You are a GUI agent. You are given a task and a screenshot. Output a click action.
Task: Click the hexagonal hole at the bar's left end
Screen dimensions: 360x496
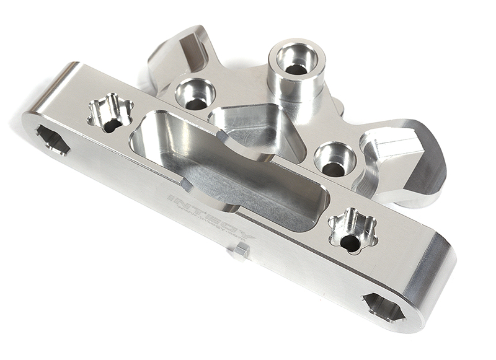click(53, 139)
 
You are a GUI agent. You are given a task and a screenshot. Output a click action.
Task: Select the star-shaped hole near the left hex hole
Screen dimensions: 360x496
click(111, 114)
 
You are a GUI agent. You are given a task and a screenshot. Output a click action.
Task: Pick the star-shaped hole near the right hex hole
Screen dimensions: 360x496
click(352, 230)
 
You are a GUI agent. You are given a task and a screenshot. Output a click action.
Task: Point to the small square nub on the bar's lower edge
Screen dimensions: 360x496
click(241, 250)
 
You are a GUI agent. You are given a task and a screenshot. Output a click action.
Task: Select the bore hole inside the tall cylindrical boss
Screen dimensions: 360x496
click(296, 61)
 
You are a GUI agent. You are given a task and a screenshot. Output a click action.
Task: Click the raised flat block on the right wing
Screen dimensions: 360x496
click(397, 139)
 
